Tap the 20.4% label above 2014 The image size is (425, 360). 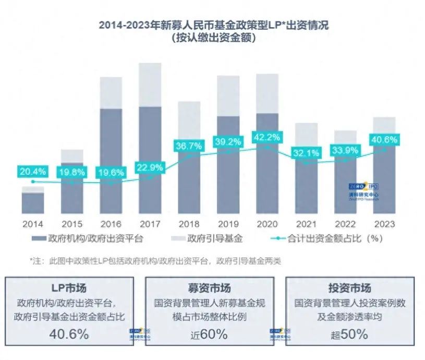coord(33,171)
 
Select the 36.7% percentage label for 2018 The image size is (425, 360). coord(189,146)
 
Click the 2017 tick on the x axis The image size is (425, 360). coord(150,224)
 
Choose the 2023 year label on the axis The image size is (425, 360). coord(385,224)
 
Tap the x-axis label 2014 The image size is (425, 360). coord(33,224)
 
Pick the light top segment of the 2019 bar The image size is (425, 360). coord(228,96)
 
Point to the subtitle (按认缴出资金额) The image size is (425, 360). coord(214,38)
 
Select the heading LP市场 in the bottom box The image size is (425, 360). coord(69,288)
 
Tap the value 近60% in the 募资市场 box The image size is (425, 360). coord(213,334)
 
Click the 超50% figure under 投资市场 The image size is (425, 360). coord(349,334)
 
